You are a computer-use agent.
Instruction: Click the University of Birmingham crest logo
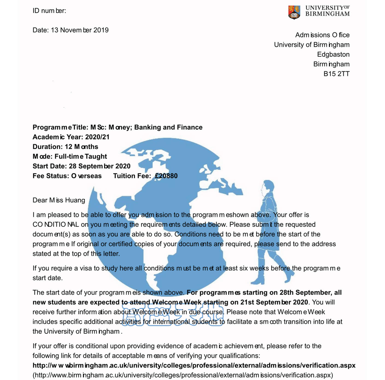(x=294, y=12)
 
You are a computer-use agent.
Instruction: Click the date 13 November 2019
(x=80, y=30)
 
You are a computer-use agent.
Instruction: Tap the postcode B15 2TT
(x=336, y=74)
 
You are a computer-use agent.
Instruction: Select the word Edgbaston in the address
(x=333, y=54)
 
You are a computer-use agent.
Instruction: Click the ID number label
(x=49, y=11)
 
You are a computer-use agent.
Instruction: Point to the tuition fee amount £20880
(x=166, y=176)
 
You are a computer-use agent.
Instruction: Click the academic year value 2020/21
(x=97, y=137)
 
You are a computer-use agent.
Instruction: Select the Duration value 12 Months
(x=81, y=147)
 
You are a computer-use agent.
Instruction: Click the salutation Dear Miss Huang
(x=59, y=200)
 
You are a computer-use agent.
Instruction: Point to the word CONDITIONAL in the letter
(x=56, y=224)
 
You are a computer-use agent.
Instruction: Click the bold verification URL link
(x=194, y=365)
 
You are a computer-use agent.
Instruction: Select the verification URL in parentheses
(x=183, y=375)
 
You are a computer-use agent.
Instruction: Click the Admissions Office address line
(x=322, y=35)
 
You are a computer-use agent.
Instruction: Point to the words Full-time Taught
(x=81, y=156)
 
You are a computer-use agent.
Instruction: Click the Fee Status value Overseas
(x=86, y=176)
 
